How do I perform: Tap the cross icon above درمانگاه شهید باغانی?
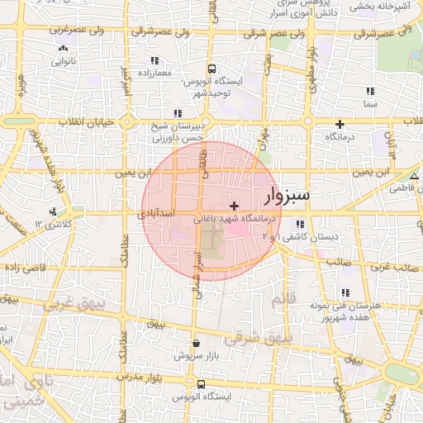coord(235,205)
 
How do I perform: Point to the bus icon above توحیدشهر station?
coord(211,69)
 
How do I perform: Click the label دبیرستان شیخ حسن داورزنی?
coord(175,134)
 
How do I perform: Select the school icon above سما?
coord(369,91)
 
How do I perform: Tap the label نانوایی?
coord(64,61)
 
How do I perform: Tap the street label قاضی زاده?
coord(26,269)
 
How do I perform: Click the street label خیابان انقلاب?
coord(82,121)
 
